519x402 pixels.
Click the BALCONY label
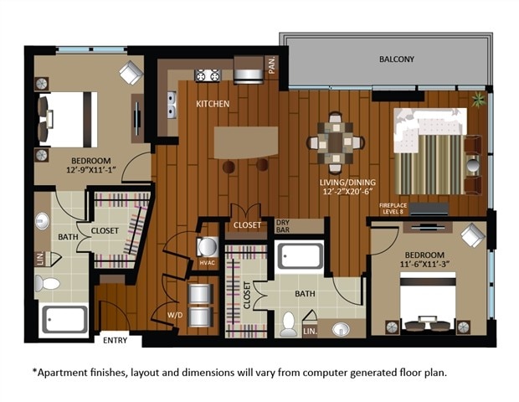[397, 59]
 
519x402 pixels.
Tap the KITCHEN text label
[213, 105]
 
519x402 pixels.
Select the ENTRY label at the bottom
[115, 340]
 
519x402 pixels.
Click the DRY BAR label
[283, 226]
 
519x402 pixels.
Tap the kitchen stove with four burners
[207, 76]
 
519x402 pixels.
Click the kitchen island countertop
[245, 142]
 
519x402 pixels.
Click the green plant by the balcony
[478, 100]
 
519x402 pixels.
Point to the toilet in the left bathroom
[48, 284]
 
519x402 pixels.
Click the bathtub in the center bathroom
[299, 255]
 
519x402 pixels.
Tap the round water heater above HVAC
[207, 247]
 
